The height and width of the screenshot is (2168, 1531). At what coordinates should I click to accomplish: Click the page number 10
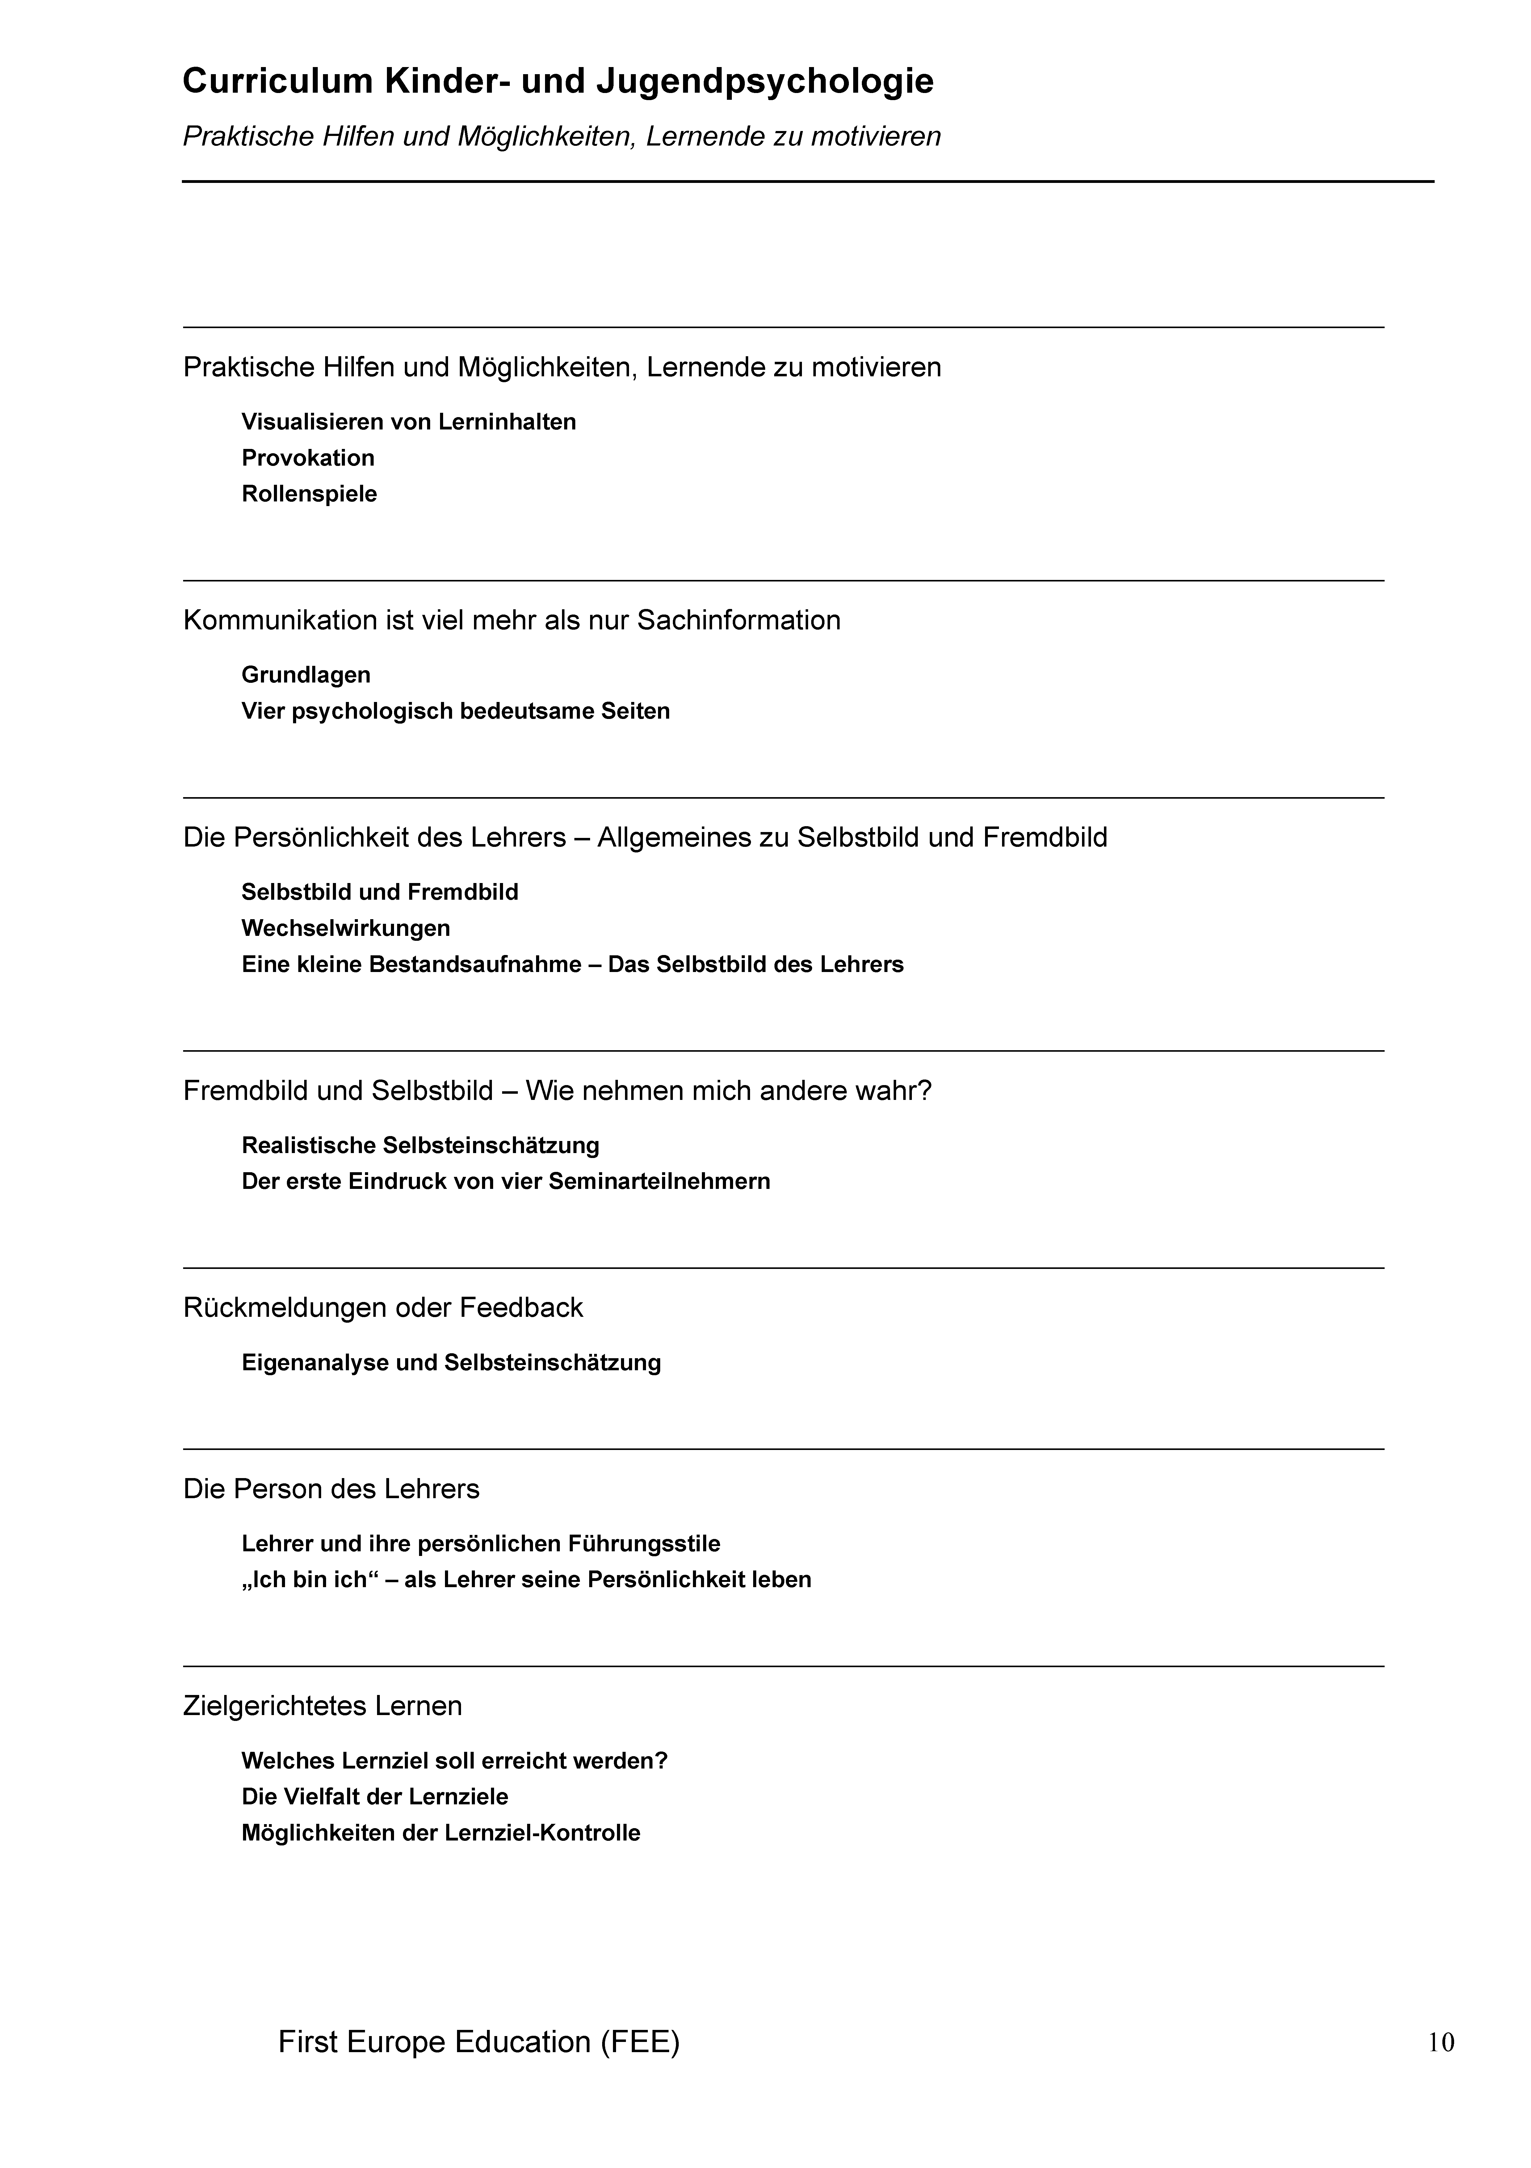pos(1441,2043)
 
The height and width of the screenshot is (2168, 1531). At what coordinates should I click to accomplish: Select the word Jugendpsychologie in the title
pos(765,82)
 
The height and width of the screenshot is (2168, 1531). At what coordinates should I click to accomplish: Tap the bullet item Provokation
pos(308,458)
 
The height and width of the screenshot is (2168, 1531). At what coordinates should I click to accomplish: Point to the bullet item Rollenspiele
pos(309,494)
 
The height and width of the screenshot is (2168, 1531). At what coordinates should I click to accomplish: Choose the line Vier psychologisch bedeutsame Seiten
pos(455,711)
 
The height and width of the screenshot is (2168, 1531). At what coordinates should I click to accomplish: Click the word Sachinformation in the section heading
pos(738,620)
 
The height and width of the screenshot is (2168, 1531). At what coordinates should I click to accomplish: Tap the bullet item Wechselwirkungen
pos(346,928)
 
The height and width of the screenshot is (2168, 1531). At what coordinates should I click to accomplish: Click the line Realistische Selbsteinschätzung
pos(420,1145)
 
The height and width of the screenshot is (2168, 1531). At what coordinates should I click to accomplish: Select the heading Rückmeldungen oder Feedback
pos(382,1308)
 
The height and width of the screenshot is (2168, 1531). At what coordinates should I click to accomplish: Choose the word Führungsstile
pos(644,1544)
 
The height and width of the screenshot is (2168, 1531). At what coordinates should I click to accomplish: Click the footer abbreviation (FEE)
pos(639,2041)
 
